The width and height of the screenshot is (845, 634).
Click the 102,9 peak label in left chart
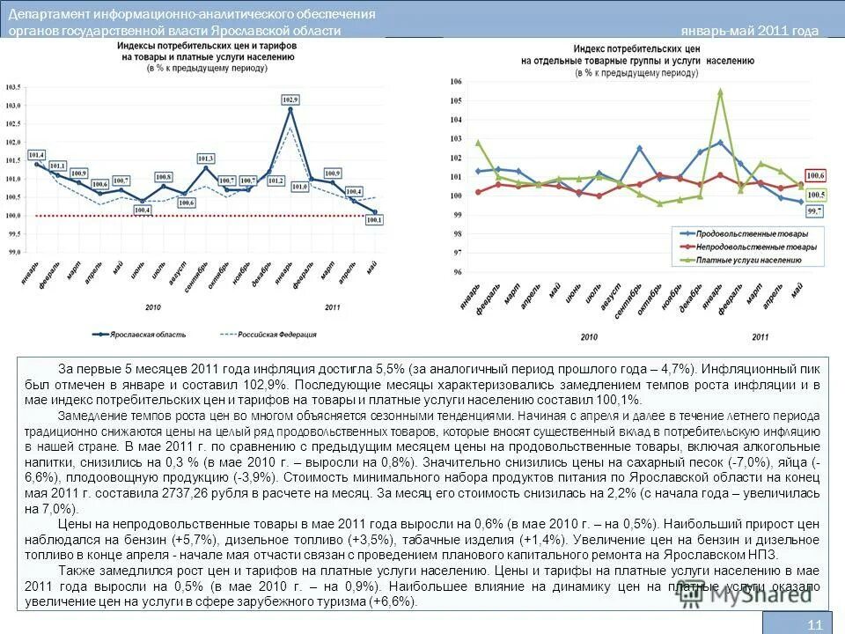290,100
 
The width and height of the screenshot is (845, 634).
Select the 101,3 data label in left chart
206,158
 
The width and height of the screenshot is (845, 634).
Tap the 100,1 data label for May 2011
373,220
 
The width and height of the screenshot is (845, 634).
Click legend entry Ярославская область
141,335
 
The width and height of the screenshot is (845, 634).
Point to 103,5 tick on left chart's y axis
13,87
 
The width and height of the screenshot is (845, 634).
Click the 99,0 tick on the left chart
13,252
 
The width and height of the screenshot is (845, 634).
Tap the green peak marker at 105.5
720,91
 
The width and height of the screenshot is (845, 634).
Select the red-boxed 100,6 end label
816,175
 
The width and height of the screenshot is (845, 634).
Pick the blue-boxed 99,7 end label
814,211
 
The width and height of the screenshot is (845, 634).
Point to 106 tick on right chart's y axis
456,81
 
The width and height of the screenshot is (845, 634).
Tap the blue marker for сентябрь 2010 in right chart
639,148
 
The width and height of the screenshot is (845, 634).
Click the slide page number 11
814,625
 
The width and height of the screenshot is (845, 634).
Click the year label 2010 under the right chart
590,337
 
